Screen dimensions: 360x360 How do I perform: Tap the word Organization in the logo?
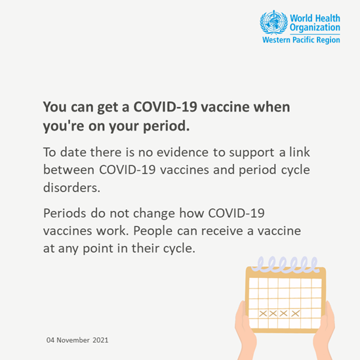tap(314, 28)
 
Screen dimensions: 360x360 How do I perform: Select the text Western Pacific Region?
tap(301, 39)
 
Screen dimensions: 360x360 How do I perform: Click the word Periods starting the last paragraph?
tap(66, 214)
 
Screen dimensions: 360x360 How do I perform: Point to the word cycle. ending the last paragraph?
tap(180, 249)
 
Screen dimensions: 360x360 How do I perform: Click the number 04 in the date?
tap(50, 341)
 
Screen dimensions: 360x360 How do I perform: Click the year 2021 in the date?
tap(100, 341)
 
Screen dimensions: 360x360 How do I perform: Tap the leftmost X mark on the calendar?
tap(263, 314)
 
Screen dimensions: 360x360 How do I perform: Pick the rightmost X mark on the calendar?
tap(295, 314)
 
